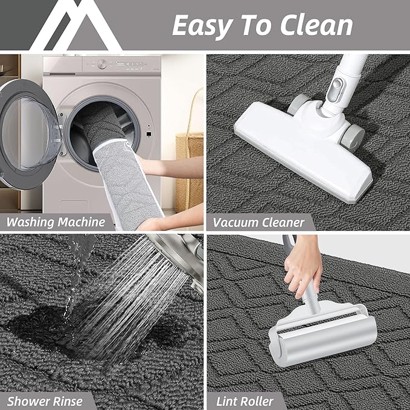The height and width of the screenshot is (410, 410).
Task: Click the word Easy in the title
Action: (x=202, y=26)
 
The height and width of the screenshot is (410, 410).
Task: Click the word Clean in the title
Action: (x=316, y=25)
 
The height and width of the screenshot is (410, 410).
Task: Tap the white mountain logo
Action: (x=76, y=25)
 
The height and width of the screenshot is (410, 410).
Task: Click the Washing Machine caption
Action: (x=56, y=222)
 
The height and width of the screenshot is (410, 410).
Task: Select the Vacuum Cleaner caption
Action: (x=258, y=223)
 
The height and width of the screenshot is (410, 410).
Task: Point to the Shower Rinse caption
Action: (x=45, y=402)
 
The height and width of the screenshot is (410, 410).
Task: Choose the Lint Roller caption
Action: (x=245, y=402)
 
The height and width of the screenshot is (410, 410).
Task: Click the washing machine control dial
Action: (x=102, y=64)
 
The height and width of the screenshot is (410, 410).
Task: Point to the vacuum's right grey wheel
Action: (x=353, y=139)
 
